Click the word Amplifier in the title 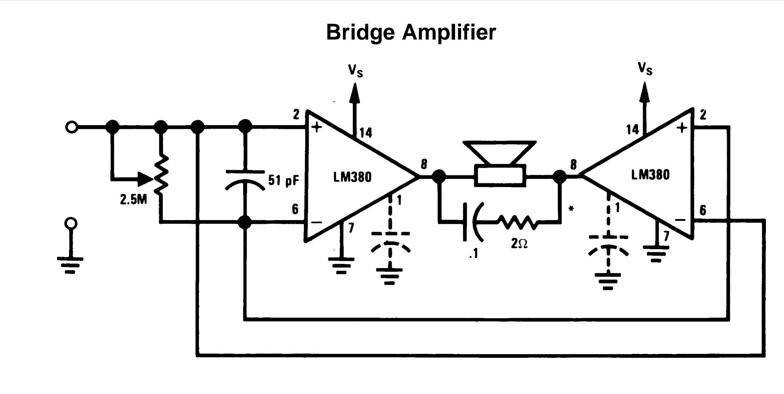pos(449,33)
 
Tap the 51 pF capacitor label pos(284,180)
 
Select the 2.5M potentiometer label pos(133,200)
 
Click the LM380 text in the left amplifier pos(352,177)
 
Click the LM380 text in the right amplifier pos(650,175)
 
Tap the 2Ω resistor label pos(519,244)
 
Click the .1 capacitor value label pos(474,253)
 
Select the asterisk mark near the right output pos(571,209)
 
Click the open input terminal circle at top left pos(71,127)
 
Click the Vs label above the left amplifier pos(355,70)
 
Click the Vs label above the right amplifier pos(645,69)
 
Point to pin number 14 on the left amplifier pos(366,133)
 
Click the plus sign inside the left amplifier pos(316,127)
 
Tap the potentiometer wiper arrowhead pos(146,179)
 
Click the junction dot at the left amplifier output pos(438,176)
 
